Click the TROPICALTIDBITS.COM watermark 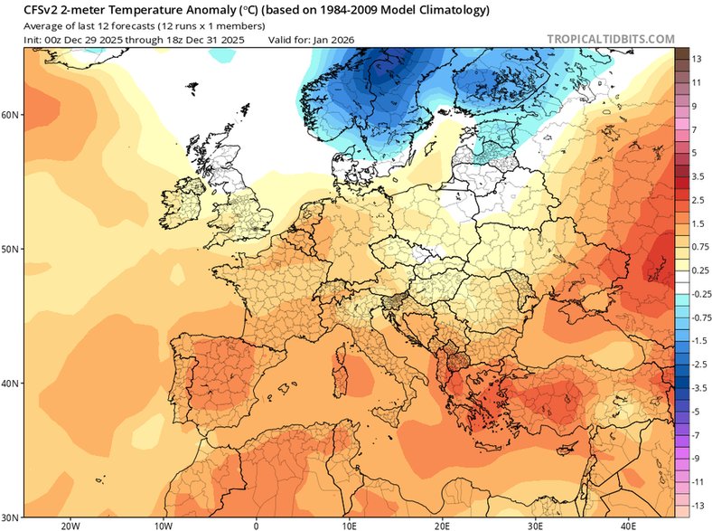point(610,39)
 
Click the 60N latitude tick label point(12,115)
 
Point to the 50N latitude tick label point(12,249)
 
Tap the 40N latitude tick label point(12,384)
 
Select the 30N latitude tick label point(12,517)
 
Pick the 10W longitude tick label point(163,525)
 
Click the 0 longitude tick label point(256,525)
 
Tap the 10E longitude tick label point(349,525)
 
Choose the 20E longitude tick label point(442,525)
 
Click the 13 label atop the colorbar point(698,59)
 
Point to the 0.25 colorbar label point(699,270)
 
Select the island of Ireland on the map point(184,207)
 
